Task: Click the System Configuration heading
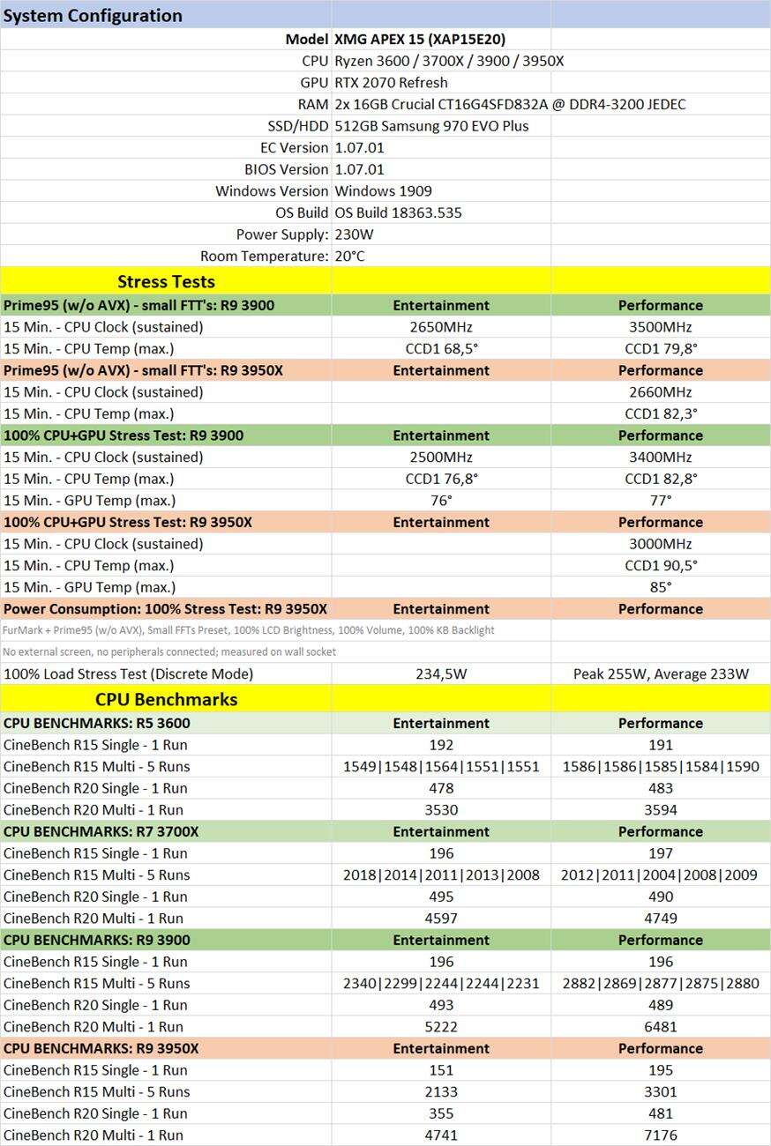[x=94, y=15]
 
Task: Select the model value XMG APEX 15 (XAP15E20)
[x=420, y=39]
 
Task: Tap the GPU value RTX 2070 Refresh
[x=391, y=82]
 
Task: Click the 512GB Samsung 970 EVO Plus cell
[x=431, y=125]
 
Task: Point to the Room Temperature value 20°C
[x=349, y=256]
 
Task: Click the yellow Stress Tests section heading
[x=166, y=281]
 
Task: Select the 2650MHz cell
[x=441, y=326]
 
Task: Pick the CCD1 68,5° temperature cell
[x=441, y=348]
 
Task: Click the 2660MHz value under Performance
[x=660, y=391]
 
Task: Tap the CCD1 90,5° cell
[x=660, y=565]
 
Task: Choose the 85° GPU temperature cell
[x=660, y=587]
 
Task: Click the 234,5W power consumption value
[x=441, y=673]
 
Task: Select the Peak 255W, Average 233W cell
[x=660, y=673]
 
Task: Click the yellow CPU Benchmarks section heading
[x=166, y=699]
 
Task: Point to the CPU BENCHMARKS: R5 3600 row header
[x=97, y=723]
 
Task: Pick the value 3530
[x=441, y=809]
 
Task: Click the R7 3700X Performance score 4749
[x=660, y=918]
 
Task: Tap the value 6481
[x=660, y=1026]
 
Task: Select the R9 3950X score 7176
[x=660, y=1135]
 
